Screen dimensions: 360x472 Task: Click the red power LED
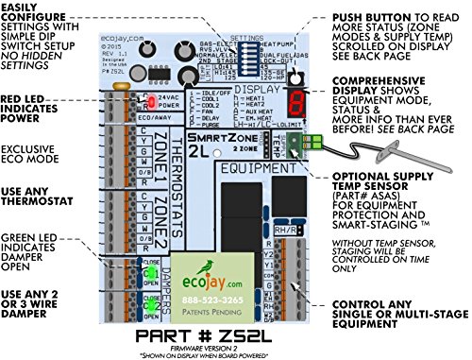pos(147,99)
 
